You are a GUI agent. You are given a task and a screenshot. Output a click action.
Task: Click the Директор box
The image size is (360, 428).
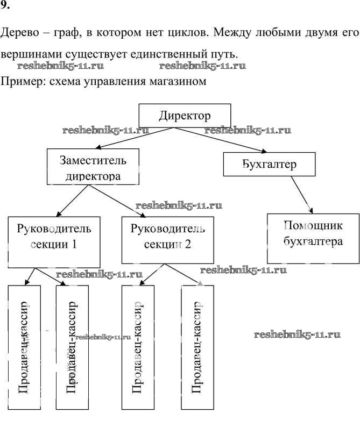point(185,116)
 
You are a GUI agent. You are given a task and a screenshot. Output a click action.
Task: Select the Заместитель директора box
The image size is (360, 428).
point(93,168)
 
